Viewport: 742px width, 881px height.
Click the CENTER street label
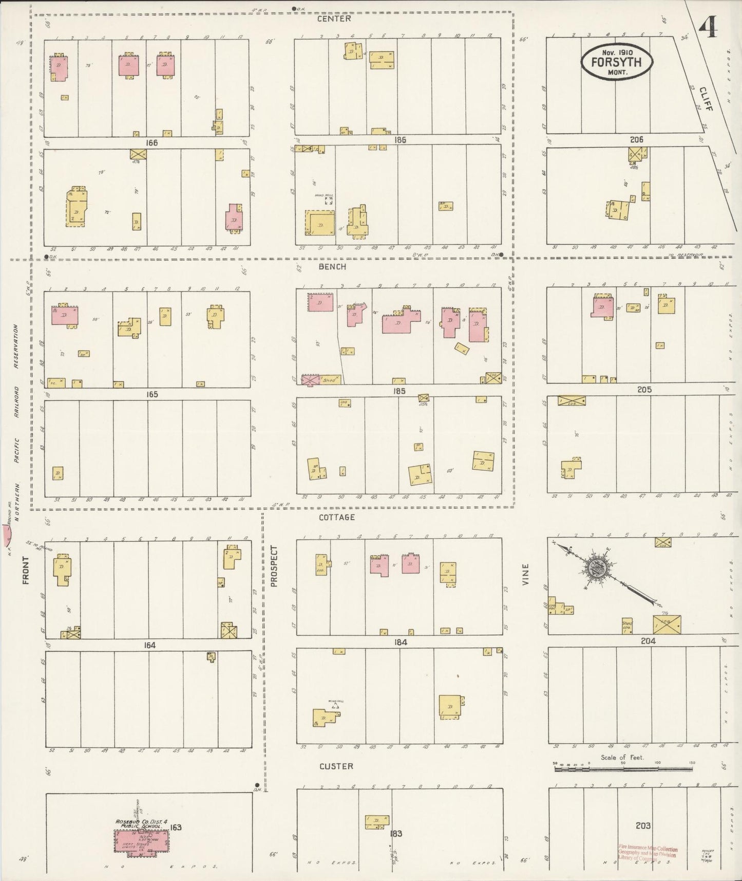(x=334, y=19)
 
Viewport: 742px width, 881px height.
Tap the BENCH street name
(x=332, y=267)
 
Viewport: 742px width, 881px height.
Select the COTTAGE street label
(x=336, y=517)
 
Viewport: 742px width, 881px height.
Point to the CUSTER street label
(x=336, y=766)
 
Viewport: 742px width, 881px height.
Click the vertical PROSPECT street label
(x=274, y=566)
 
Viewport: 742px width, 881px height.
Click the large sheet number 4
(x=711, y=27)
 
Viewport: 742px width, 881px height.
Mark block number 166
(x=152, y=143)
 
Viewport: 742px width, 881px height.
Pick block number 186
(x=400, y=139)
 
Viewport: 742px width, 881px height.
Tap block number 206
(x=636, y=139)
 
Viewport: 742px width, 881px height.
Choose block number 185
(x=399, y=391)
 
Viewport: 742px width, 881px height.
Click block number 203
(x=643, y=825)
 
